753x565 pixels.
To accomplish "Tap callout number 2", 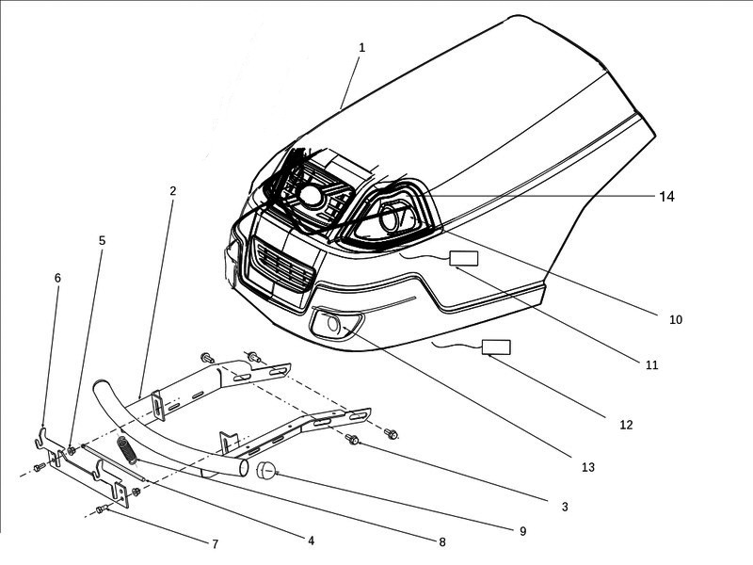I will tap(173, 190).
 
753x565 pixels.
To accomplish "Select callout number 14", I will tap(666, 198).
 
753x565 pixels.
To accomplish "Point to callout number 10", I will tap(675, 320).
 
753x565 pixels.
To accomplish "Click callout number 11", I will tap(652, 364).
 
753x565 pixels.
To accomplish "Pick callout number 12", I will tap(626, 425).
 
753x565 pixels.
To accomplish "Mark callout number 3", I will tap(565, 507).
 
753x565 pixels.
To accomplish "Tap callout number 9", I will tap(522, 531).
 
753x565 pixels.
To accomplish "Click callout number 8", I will tap(441, 541).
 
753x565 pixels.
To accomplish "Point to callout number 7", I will tap(215, 544).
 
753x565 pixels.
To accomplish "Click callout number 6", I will tap(57, 278).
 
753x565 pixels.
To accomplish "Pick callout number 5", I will tap(102, 240).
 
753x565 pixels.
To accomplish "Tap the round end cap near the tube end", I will tap(265, 470).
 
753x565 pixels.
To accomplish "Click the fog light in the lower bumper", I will tap(331, 325).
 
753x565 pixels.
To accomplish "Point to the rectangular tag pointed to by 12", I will tap(497, 347).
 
